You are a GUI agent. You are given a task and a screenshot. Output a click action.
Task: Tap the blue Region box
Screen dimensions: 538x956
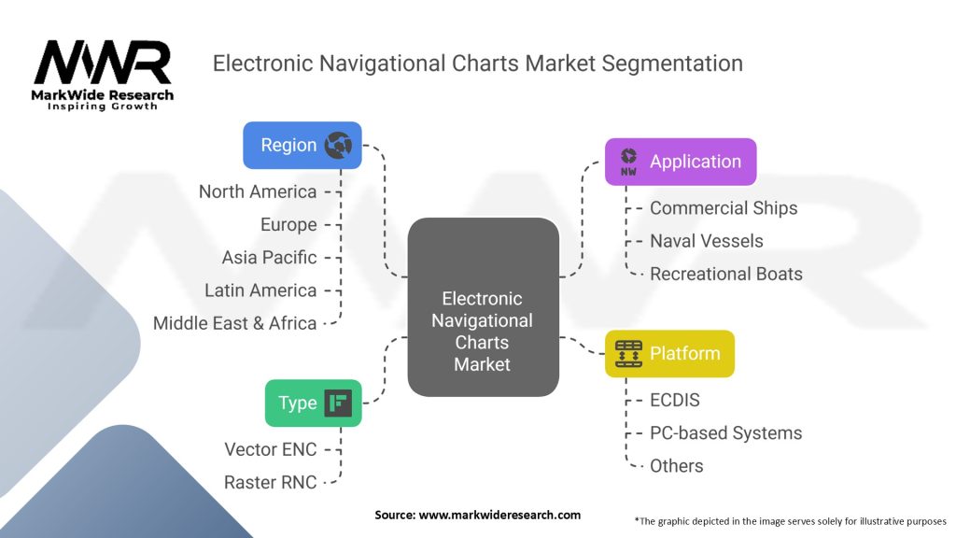302,145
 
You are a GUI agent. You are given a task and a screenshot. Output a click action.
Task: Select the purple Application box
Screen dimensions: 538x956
680,162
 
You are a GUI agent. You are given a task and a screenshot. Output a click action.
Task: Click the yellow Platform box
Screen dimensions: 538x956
669,354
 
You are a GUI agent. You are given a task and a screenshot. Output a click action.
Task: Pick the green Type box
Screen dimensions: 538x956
313,403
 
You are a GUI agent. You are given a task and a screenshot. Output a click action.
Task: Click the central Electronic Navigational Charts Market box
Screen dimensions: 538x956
482,331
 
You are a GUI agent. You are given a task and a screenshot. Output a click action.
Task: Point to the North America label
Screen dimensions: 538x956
258,191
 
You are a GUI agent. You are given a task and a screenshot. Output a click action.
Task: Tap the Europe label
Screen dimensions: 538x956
288,224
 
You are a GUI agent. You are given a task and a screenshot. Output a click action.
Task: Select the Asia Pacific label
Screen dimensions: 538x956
269,257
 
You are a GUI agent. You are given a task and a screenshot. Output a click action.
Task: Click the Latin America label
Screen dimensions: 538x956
260,290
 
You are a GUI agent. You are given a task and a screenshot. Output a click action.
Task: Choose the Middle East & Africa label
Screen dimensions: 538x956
235,323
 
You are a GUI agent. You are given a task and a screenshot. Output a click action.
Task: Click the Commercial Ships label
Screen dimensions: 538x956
724,208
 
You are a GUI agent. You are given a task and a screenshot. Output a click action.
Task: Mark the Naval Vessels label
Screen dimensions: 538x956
706,241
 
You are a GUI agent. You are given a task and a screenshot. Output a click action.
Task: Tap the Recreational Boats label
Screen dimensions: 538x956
725,274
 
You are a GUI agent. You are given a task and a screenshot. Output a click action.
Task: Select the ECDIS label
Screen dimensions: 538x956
674,400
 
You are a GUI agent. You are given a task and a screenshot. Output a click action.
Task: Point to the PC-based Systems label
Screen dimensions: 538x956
725,432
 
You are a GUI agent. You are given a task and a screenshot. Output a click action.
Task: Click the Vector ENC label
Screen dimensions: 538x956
271,449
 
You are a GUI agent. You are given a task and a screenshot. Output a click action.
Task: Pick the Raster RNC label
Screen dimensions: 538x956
271,482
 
